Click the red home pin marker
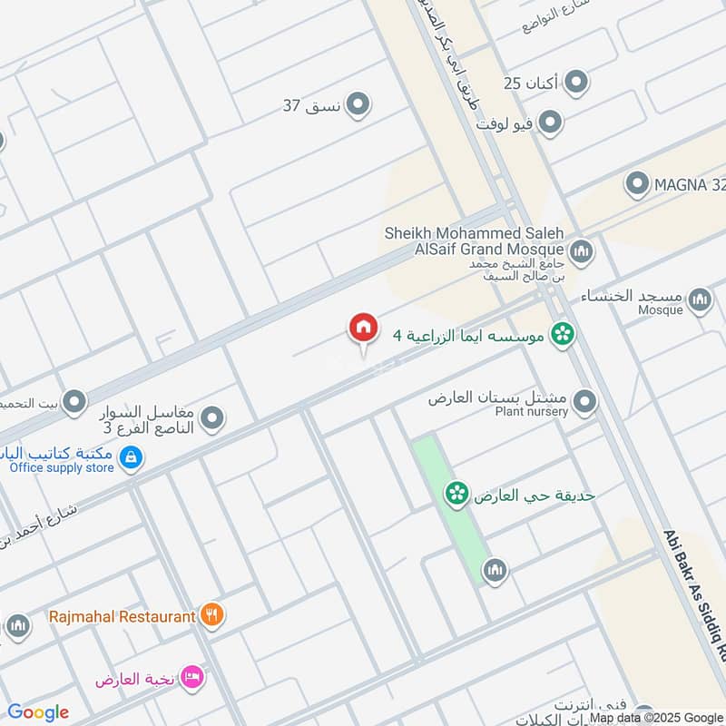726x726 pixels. [x=363, y=329]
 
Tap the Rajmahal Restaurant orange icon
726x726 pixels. [x=211, y=615]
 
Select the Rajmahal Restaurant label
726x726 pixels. [x=121, y=616]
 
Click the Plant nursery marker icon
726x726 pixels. [x=585, y=400]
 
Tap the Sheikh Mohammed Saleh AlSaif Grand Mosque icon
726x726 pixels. [x=581, y=250]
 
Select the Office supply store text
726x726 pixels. [x=62, y=467]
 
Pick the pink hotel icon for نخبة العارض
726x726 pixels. [x=191, y=678]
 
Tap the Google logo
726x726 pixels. [x=37, y=712]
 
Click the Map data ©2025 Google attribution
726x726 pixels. [x=655, y=717]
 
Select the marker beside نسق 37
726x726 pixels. [x=359, y=105]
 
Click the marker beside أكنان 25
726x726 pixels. [x=575, y=83]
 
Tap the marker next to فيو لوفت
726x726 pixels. [x=549, y=122]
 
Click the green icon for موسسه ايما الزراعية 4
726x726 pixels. [x=563, y=335]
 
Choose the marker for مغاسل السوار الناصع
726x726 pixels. [x=212, y=418]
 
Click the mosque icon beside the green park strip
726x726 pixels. [x=495, y=570]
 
